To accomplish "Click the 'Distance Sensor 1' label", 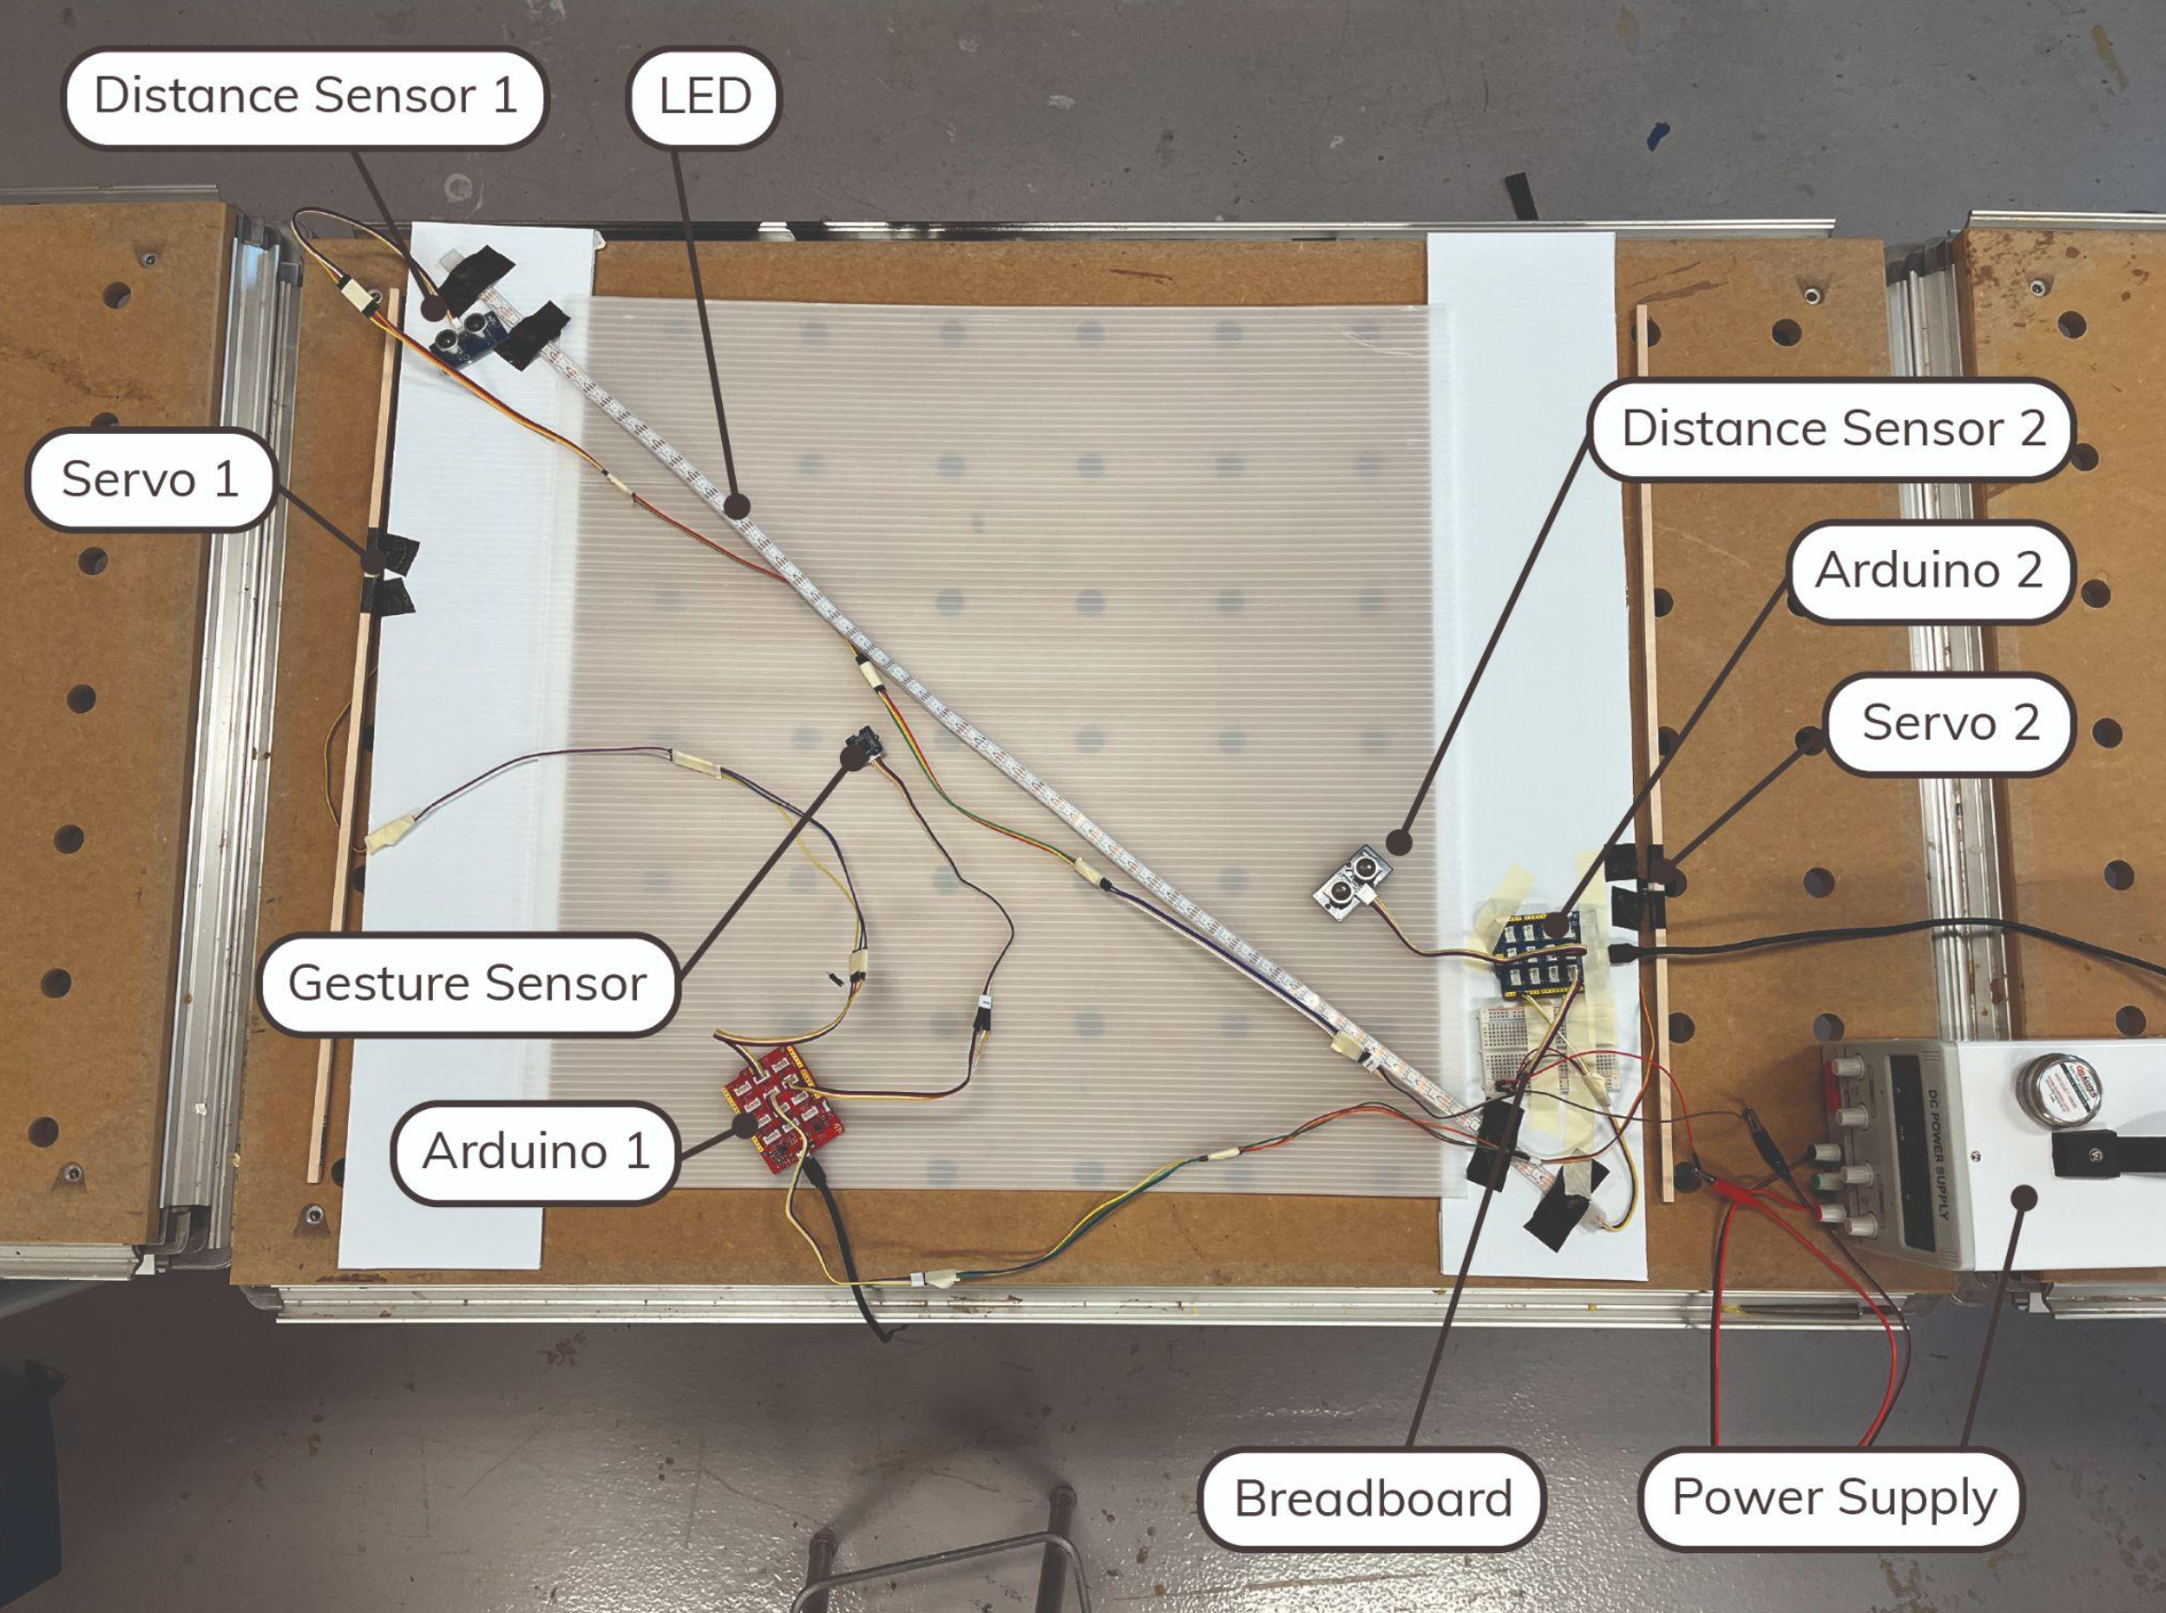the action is tap(305, 95).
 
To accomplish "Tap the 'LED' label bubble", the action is tap(704, 95).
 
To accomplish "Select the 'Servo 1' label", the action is tap(150, 479).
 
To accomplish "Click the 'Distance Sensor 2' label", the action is tap(1833, 428).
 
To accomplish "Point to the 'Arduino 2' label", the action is tap(1928, 570).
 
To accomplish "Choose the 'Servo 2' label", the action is tap(1950, 723).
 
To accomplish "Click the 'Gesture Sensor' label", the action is tap(467, 983).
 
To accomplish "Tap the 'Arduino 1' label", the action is tap(535, 1151).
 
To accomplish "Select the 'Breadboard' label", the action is tap(1372, 1498).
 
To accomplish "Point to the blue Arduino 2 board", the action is tap(1541, 952).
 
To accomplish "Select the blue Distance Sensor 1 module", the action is tap(466, 335).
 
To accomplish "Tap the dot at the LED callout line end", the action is tap(737, 507).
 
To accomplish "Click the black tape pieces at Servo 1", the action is tap(391, 576).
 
